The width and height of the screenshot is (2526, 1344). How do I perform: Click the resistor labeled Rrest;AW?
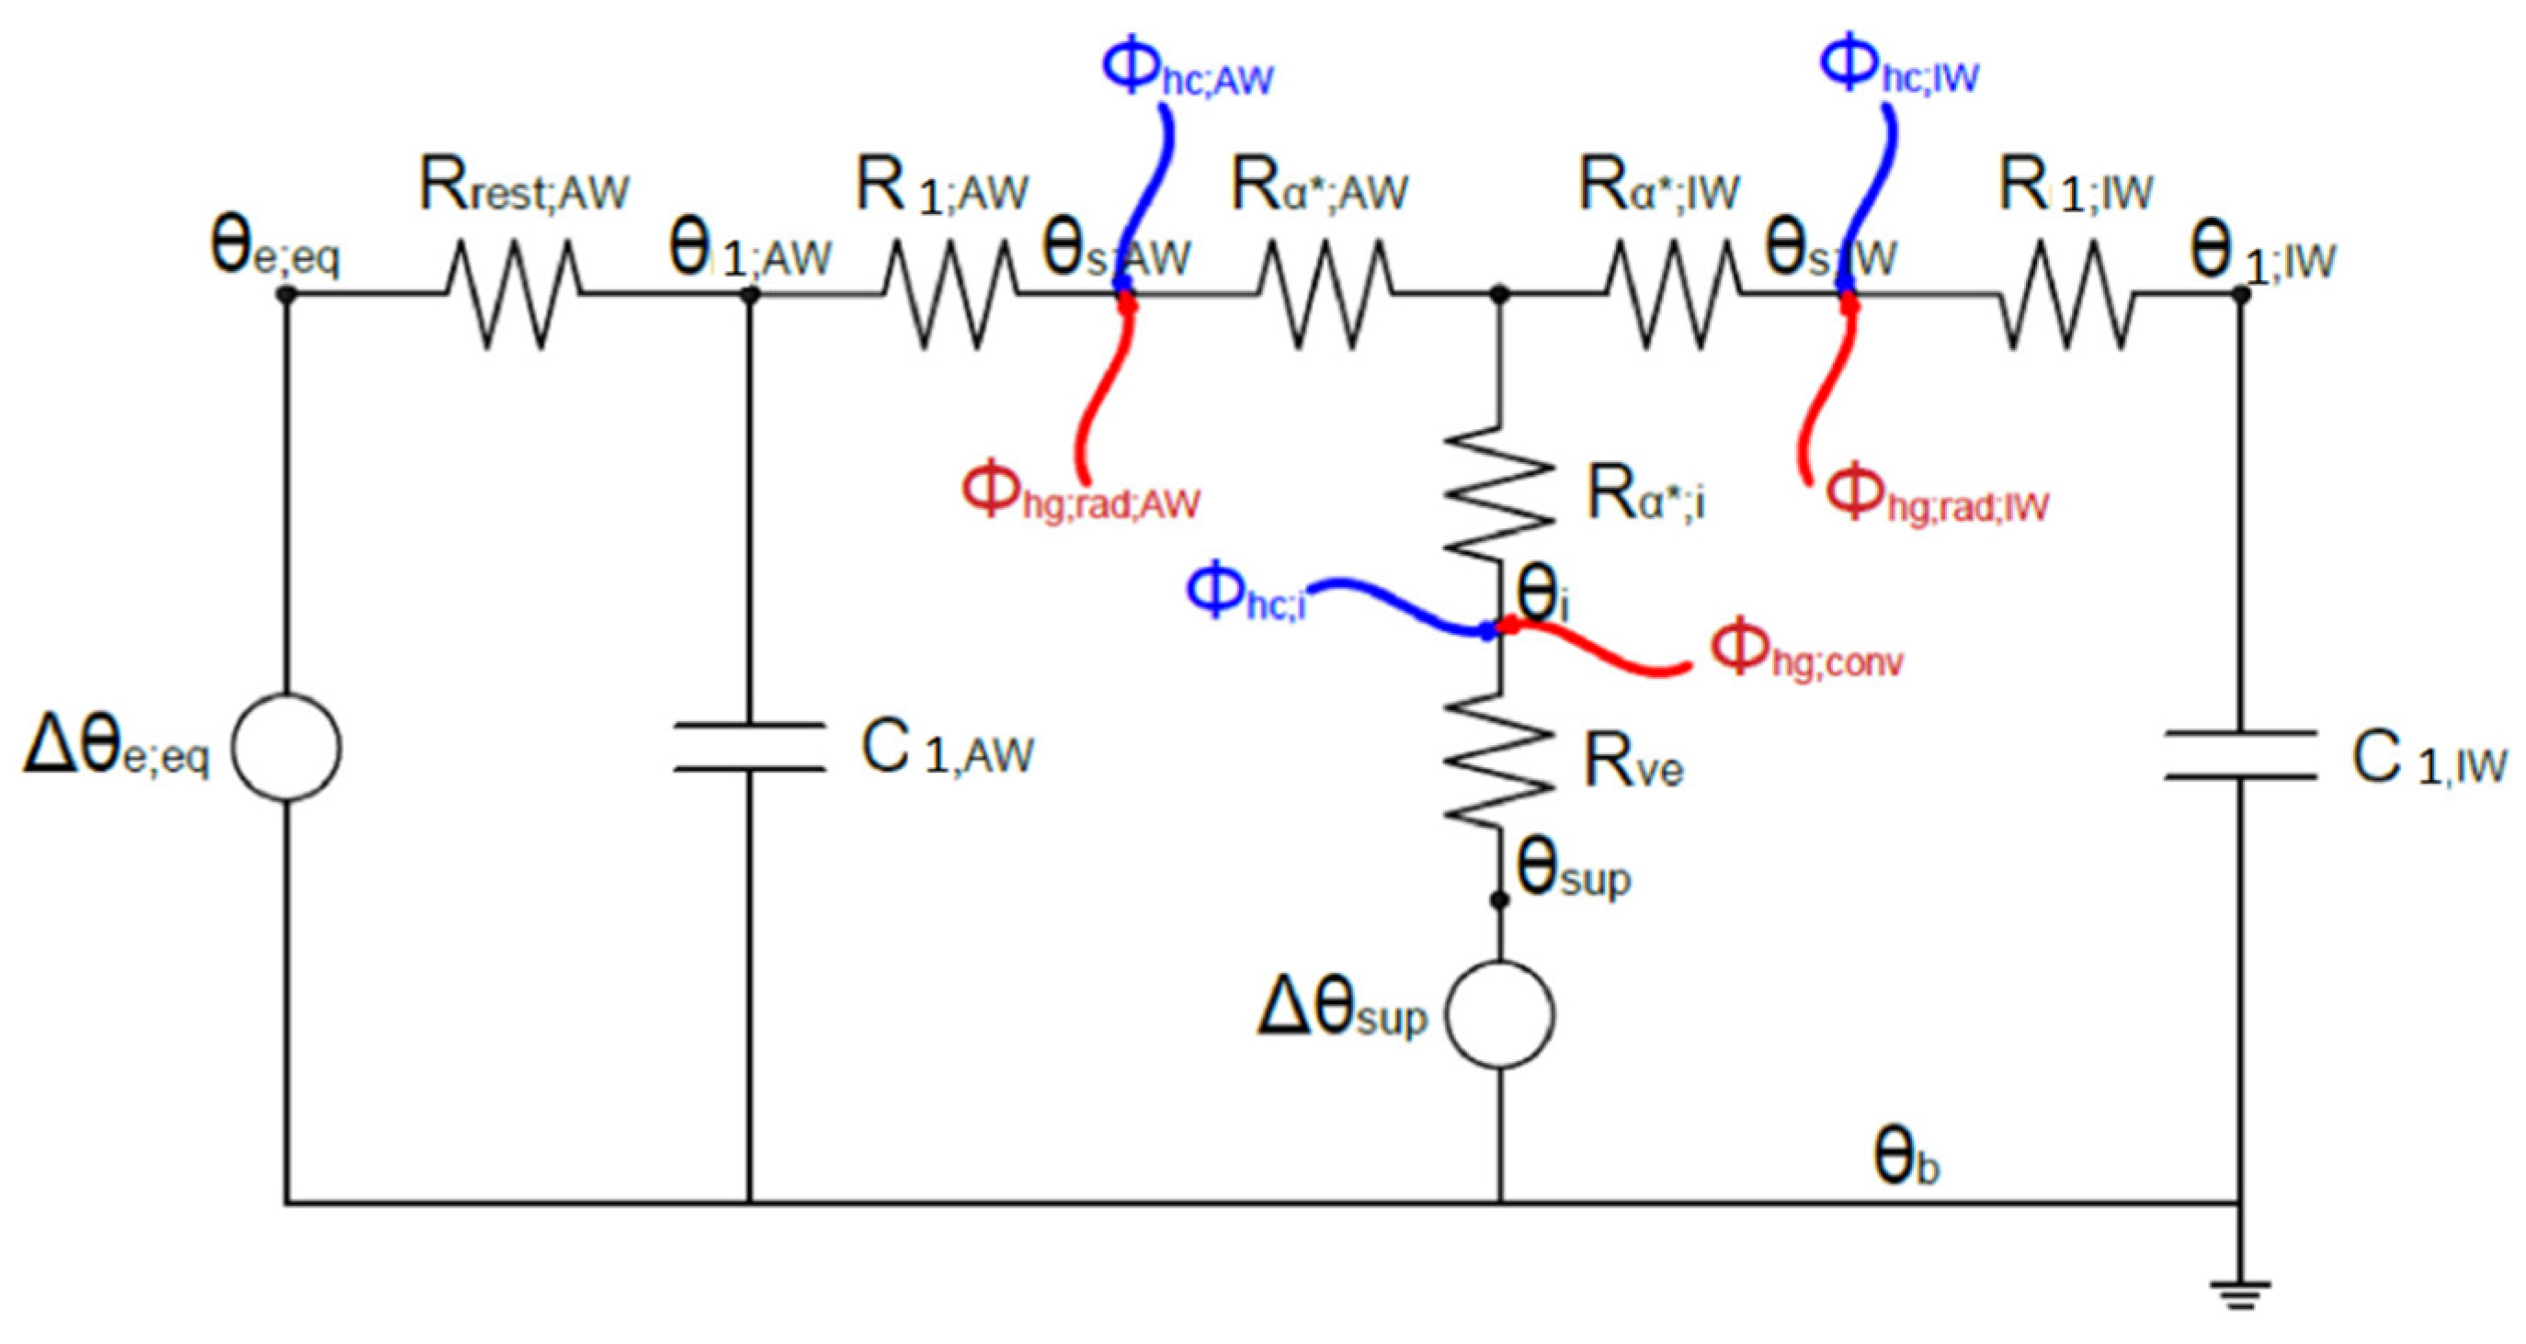pyautogui.click(x=513, y=293)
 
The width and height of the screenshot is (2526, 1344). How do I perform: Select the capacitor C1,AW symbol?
pyautogui.click(x=749, y=747)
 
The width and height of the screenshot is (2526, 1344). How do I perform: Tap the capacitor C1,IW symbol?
pyautogui.click(x=2241, y=754)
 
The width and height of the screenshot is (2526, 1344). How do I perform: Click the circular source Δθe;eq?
pyautogui.click(x=286, y=747)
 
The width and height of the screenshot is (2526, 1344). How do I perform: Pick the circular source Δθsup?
pyautogui.click(x=1499, y=1013)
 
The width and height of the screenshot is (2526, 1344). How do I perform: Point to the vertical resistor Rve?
pyautogui.click(x=1499, y=757)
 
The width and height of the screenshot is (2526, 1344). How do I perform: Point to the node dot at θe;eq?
pyautogui.click(x=286, y=293)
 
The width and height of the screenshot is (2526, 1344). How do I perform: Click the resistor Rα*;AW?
pyautogui.click(x=1324, y=293)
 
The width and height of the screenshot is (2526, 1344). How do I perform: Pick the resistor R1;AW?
pyautogui.click(x=950, y=293)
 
